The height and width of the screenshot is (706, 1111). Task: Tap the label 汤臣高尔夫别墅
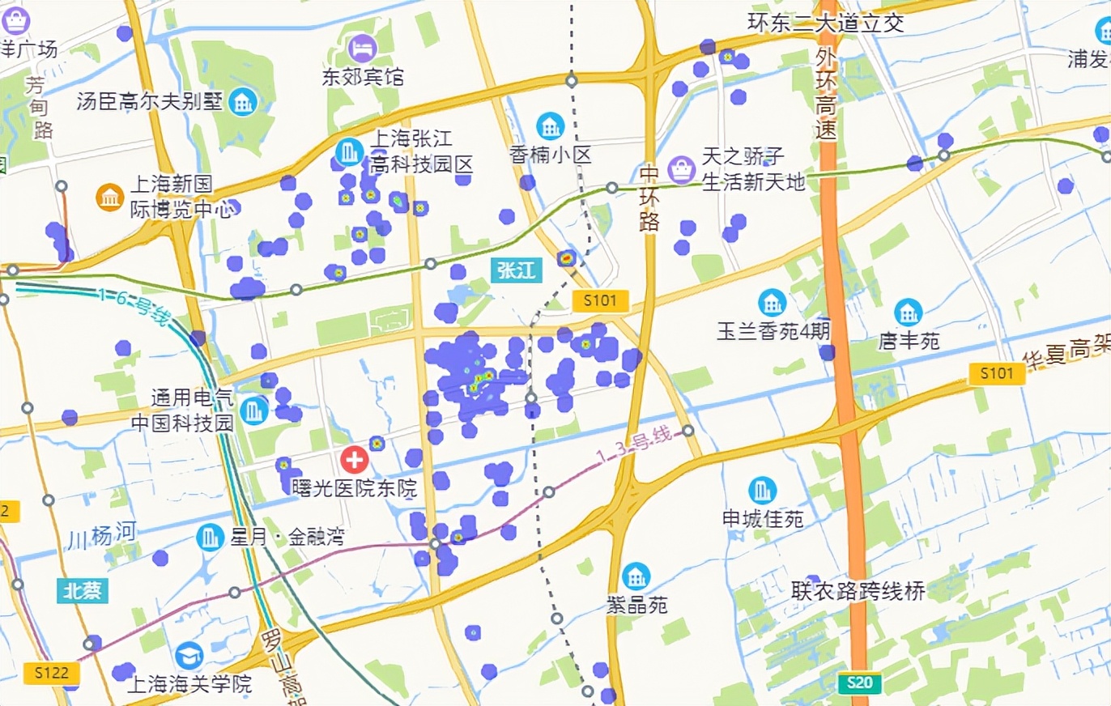click(x=153, y=103)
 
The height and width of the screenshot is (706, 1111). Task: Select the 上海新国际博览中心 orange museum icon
click(x=109, y=197)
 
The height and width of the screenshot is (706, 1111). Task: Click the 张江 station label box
click(x=517, y=270)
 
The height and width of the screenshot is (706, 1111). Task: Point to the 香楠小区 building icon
click(x=551, y=125)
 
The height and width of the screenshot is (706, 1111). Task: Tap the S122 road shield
click(x=52, y=673)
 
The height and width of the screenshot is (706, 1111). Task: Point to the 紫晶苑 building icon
click(x=636, y=576)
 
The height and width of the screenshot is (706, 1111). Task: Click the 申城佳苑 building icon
click(x=762, y=490)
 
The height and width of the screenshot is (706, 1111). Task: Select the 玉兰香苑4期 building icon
click(x=772, y=303)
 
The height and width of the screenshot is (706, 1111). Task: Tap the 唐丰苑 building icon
click(x=909, y=313)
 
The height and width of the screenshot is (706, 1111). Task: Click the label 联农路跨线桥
click(x=858, y=591)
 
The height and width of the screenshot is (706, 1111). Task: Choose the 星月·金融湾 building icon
click(x=211, y=536)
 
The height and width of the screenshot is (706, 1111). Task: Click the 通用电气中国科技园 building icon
click(x=254, y=410)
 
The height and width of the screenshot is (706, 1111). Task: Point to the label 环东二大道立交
click(x=825, y=23)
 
